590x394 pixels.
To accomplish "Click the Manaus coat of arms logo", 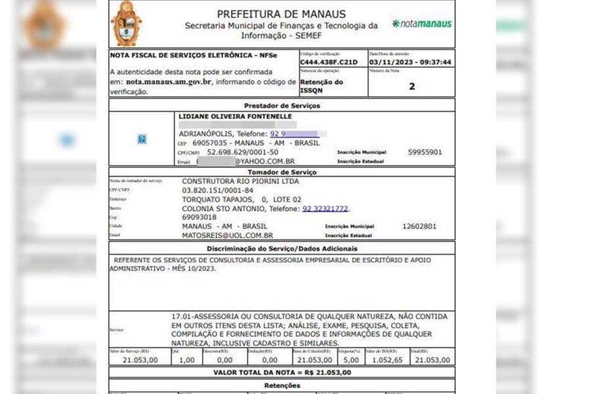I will coord(126,23).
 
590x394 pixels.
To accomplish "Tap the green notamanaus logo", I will coord(422,24).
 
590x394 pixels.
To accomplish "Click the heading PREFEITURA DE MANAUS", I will coord(281,14).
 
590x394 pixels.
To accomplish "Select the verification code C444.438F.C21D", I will coord(329,62).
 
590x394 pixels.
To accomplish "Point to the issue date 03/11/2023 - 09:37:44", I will coord(410,62).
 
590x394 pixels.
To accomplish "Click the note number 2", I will coord(412,86).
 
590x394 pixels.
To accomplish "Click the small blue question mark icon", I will coord(142,139).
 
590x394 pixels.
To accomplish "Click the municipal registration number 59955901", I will coord(425,152).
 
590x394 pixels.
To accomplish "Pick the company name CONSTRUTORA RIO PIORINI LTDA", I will coord(240,181).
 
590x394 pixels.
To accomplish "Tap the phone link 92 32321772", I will coord(326,209).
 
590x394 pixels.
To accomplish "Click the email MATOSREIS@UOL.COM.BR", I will coord(227,235).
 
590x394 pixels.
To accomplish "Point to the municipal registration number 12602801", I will coord(419,226).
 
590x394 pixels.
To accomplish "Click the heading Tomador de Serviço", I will coord(281,172).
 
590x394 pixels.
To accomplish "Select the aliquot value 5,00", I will coord(351,360).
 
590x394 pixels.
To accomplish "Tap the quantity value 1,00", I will coord(187,360).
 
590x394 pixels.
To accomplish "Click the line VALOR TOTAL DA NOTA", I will coord(282,372).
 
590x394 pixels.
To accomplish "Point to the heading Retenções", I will coord(281,385).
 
